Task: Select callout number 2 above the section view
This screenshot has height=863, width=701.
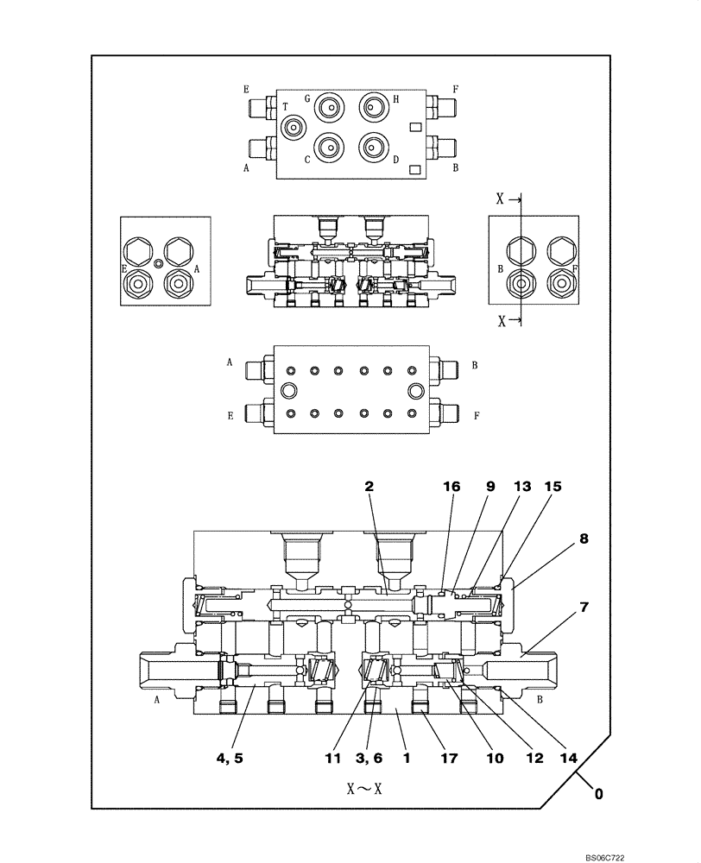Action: coord(369,486)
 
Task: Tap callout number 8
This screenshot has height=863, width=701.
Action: coord(584,539)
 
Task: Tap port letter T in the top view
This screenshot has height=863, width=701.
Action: coord(285,107)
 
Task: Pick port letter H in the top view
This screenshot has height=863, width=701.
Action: coord(395,98)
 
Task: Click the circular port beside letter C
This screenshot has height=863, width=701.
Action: coord(328,147)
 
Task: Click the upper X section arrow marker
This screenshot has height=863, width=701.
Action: coord(508,198)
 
